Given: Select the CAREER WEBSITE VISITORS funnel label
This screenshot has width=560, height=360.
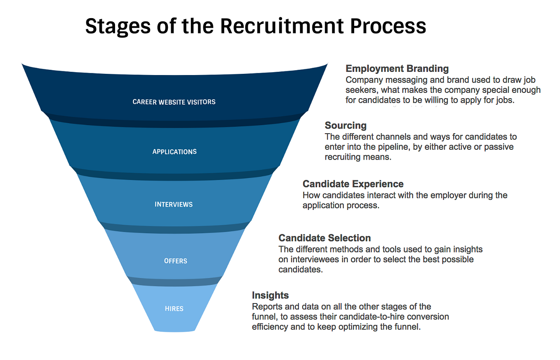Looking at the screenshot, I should pos(174,101).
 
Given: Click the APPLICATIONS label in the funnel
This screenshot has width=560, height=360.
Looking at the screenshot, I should pos(174,152).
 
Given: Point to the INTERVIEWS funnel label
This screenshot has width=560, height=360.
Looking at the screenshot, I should pos(174,205).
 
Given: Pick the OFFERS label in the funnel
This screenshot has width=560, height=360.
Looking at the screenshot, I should pos(176,261).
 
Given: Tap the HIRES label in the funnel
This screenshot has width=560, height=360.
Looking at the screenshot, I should pos(174,308).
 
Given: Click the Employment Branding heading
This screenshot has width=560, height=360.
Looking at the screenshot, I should pos(397,68).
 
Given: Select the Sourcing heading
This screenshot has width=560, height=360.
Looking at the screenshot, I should pos(346,125).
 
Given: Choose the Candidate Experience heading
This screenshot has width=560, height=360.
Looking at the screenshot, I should pos(353,184).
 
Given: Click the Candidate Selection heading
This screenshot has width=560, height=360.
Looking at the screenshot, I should pos(325,238).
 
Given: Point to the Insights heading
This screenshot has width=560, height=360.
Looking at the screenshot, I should pos(270,295).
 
